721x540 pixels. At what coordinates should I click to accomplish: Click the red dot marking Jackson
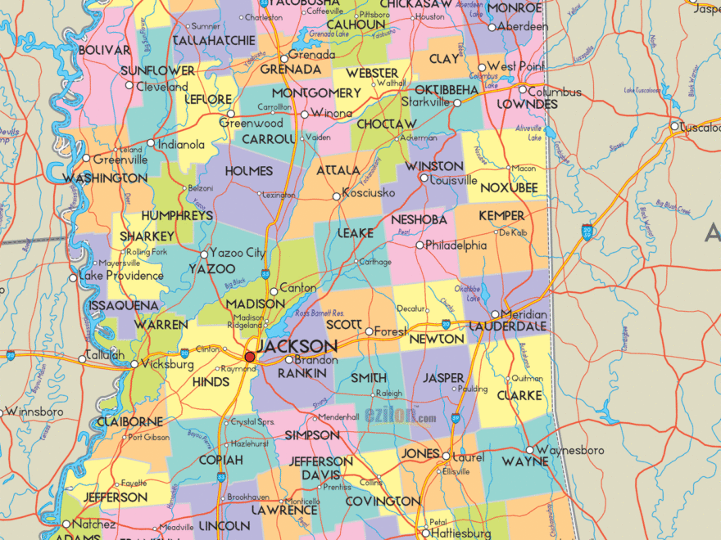coord(250,357)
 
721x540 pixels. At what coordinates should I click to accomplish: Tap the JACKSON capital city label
coord(296,346)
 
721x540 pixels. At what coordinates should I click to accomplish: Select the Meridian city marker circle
coord(495,315)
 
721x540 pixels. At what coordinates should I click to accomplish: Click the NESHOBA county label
coord(419,220)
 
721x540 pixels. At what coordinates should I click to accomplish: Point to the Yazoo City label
coord(238,253)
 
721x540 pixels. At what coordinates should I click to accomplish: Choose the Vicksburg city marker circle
coord(135,364)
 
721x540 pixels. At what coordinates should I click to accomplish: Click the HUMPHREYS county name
coord(176,216)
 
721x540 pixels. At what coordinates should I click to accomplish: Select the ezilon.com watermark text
coord(401,417)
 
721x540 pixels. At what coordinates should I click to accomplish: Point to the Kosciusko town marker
coord(336,196)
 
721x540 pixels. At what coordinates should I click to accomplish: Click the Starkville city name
coord(425,102)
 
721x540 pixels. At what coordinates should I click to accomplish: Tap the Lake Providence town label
coord(121,276)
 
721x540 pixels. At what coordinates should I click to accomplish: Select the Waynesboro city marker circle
coord(530,450)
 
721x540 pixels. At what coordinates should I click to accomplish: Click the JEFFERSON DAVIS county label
coord(320,468)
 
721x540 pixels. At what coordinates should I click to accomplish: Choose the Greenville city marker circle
coord(86,158)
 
